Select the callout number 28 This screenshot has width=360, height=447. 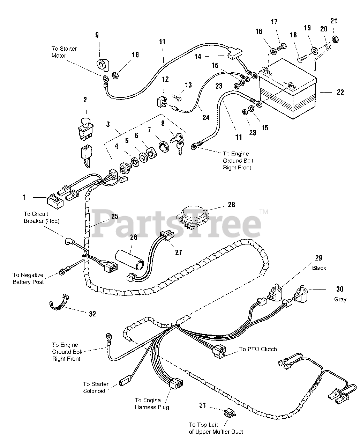click(231, 204)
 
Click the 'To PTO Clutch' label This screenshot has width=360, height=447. click(258, 349)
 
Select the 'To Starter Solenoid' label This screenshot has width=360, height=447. click(96, 387)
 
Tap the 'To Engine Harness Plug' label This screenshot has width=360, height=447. click(152, 404)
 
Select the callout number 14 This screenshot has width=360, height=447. click(198, 56)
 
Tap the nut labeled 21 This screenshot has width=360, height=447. click(334, 38)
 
